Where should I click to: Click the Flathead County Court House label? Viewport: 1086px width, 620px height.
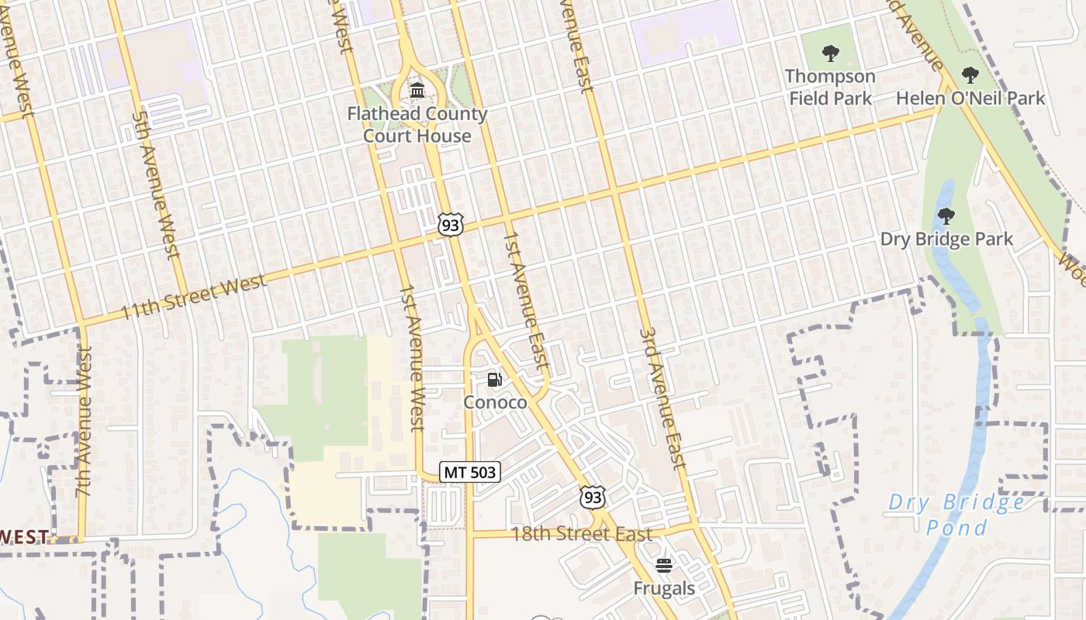417,125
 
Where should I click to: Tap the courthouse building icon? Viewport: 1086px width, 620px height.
417,91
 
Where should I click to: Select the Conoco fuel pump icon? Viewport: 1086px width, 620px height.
495,380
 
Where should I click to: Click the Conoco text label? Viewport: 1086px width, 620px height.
495,402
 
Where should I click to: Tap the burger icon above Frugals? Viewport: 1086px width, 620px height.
663,565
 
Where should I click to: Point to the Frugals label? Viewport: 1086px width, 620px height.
664,588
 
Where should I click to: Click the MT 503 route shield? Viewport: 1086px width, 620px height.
470,471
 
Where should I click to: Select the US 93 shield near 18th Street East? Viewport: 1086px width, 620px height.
593,496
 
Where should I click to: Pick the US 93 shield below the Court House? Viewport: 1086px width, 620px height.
450,224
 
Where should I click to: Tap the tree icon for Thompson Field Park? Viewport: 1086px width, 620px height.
831,53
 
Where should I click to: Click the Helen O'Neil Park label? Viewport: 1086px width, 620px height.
970,98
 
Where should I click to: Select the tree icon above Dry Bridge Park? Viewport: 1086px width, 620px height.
946,215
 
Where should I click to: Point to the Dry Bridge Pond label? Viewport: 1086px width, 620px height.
956,515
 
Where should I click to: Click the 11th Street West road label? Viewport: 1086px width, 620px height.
194,297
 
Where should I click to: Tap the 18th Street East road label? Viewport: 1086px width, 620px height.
581,534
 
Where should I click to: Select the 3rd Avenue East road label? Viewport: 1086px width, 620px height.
664,398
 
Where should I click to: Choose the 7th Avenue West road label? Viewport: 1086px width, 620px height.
84,420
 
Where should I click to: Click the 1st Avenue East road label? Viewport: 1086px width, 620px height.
526,298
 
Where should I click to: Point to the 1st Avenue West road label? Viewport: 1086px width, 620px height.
412,356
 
